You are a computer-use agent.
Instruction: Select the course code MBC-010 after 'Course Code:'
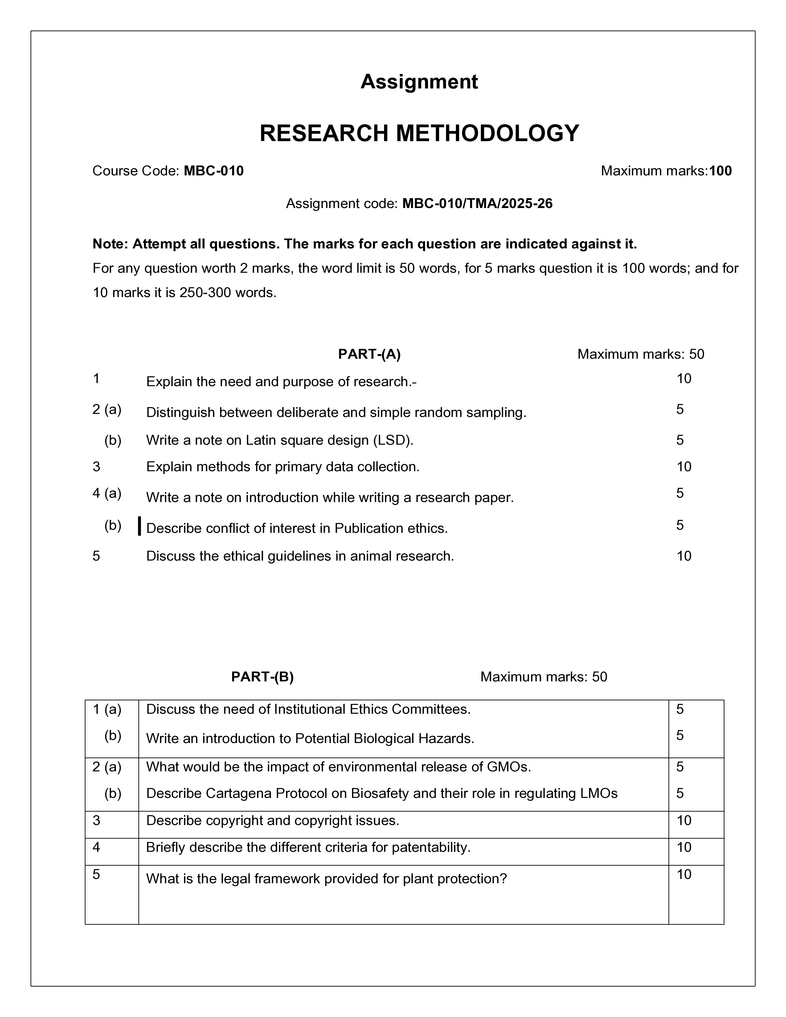pyautogui.click(x=214, y=171)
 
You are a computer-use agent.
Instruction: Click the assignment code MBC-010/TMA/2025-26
pyautogui.click(x=477, y=203)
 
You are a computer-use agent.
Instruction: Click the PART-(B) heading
pyautogui.click(x=262, y=676)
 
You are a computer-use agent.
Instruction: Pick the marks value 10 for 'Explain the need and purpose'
pyautogui.click(x=684, y=378)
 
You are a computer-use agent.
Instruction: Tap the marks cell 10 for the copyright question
pyautogui.click(x=684, y=820)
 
